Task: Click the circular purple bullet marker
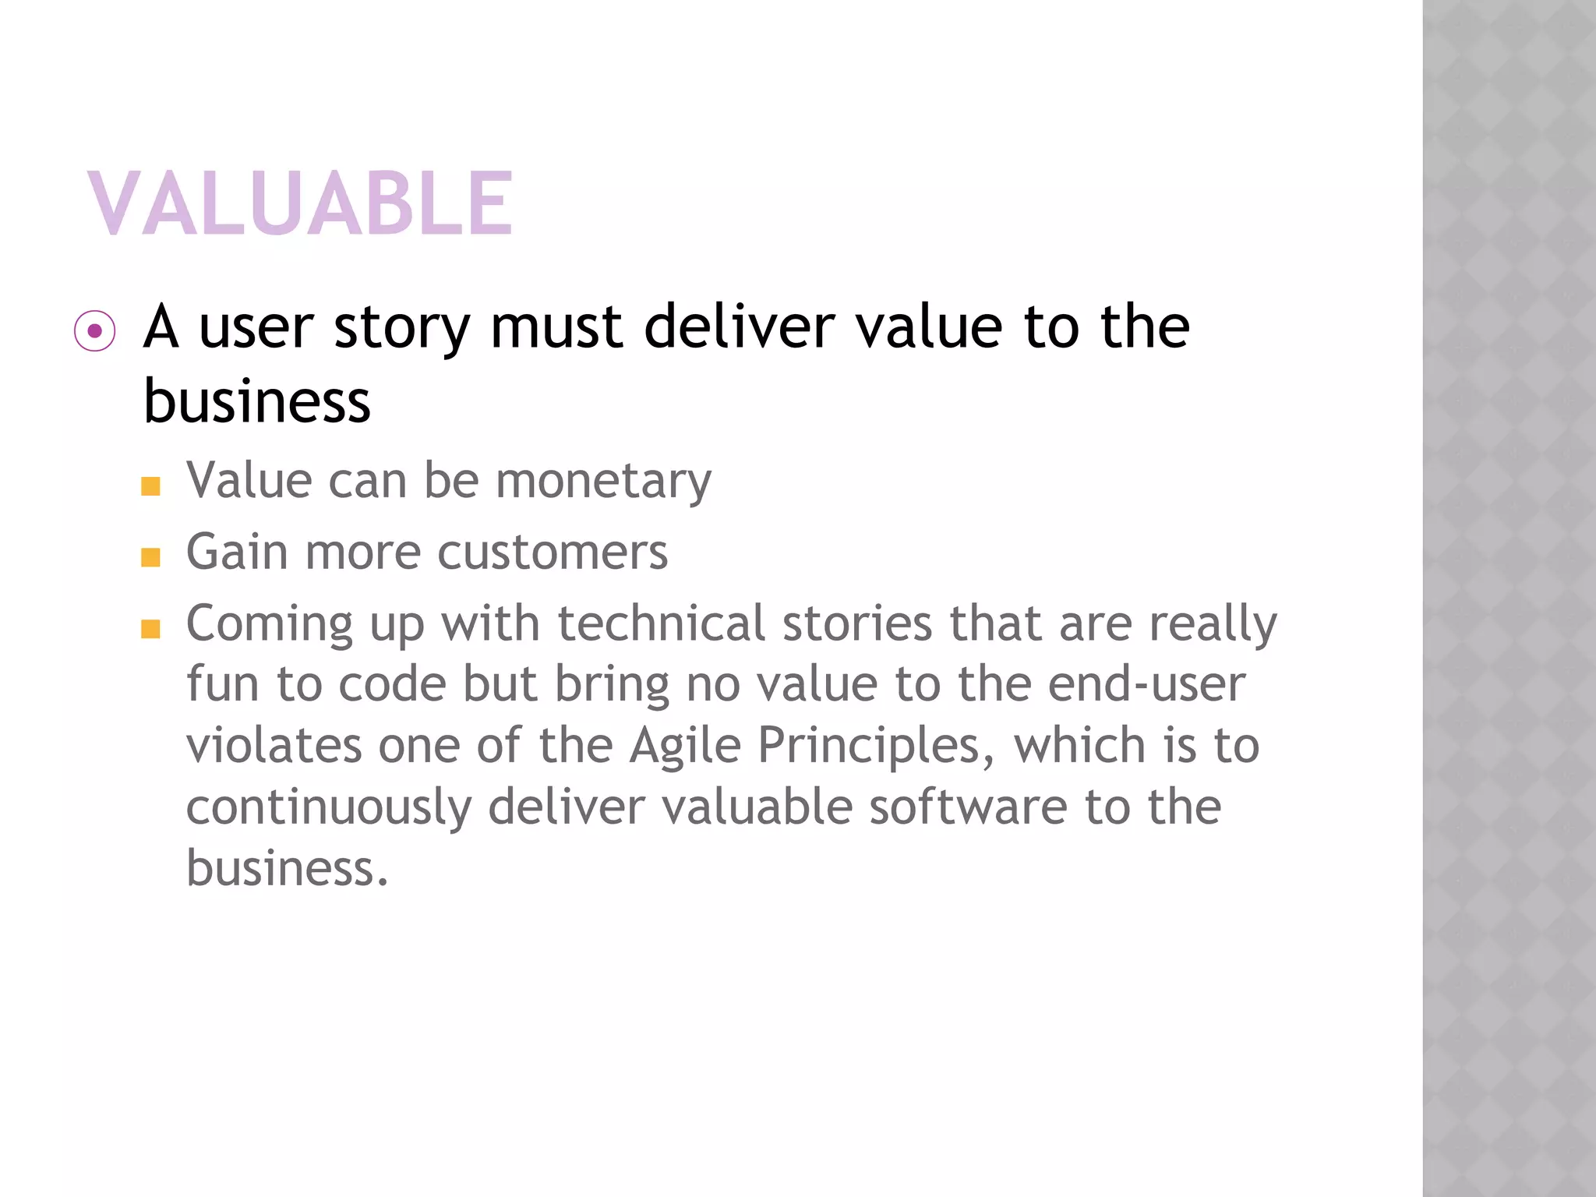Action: [95, 331]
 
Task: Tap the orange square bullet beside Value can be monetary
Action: [150, 486]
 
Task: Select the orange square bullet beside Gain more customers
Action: [150, 557]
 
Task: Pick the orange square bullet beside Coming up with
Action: [150, 629]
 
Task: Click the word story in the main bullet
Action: [401, 327]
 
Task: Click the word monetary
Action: [603, 482]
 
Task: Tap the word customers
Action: [553, 553]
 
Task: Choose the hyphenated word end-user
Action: [1146, 684]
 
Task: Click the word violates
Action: [274, 745]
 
